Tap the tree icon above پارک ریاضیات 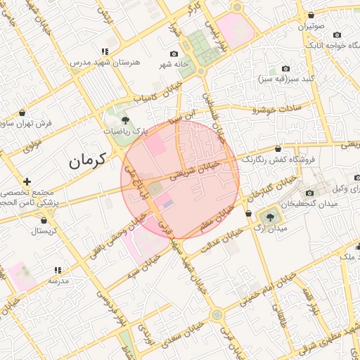tap(125, 120)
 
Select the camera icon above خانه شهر tap(174, 54)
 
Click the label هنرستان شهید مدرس tap(105, 62)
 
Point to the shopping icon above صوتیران tap(311, 15)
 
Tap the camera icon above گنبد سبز tap(285, 68)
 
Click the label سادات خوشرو tap(277, 109)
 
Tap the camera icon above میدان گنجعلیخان tap(309, 193)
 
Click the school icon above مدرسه tap(58, 269)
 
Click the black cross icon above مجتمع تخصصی tap(27, 181)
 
